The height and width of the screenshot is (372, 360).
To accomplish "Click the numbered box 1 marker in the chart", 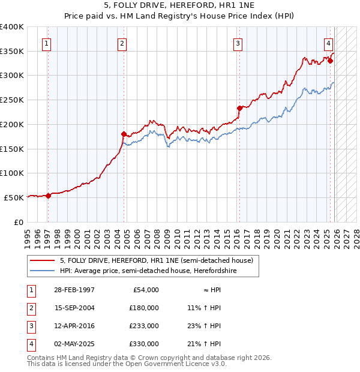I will click(x=47, y=43).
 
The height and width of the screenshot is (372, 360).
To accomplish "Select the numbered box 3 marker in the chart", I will click(x=238, y=43).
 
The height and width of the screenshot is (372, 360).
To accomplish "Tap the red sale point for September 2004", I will click(x=124, y=134).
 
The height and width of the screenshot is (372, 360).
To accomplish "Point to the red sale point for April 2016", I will click(x=239, y=109).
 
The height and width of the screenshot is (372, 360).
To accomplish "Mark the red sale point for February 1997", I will click(x=48, y=196).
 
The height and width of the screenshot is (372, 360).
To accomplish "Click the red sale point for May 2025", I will click(x=330, y=60).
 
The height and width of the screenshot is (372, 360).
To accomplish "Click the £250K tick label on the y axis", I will click(x=11, y=100).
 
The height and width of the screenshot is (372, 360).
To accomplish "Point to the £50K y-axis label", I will click(x=14, y=197).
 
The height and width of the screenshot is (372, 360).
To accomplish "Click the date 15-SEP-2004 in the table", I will click(x=74, y=307).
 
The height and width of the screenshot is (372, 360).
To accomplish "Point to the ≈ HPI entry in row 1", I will click(x=208, y=289).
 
